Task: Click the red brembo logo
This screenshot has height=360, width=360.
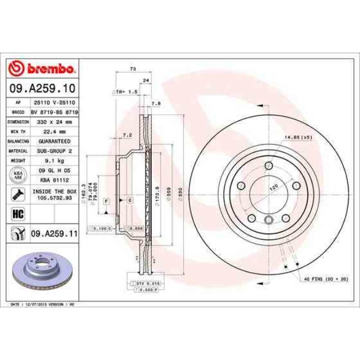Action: tap(42, 69)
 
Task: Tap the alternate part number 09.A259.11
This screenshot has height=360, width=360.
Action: tap(54, 234)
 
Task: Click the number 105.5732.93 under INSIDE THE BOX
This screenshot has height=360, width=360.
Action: tap(54, 197)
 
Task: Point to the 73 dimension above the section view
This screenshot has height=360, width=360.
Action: tap(133, 69)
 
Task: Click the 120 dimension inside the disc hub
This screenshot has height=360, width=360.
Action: tap(272, 188)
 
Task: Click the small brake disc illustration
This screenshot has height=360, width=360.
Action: tap(42, 272)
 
